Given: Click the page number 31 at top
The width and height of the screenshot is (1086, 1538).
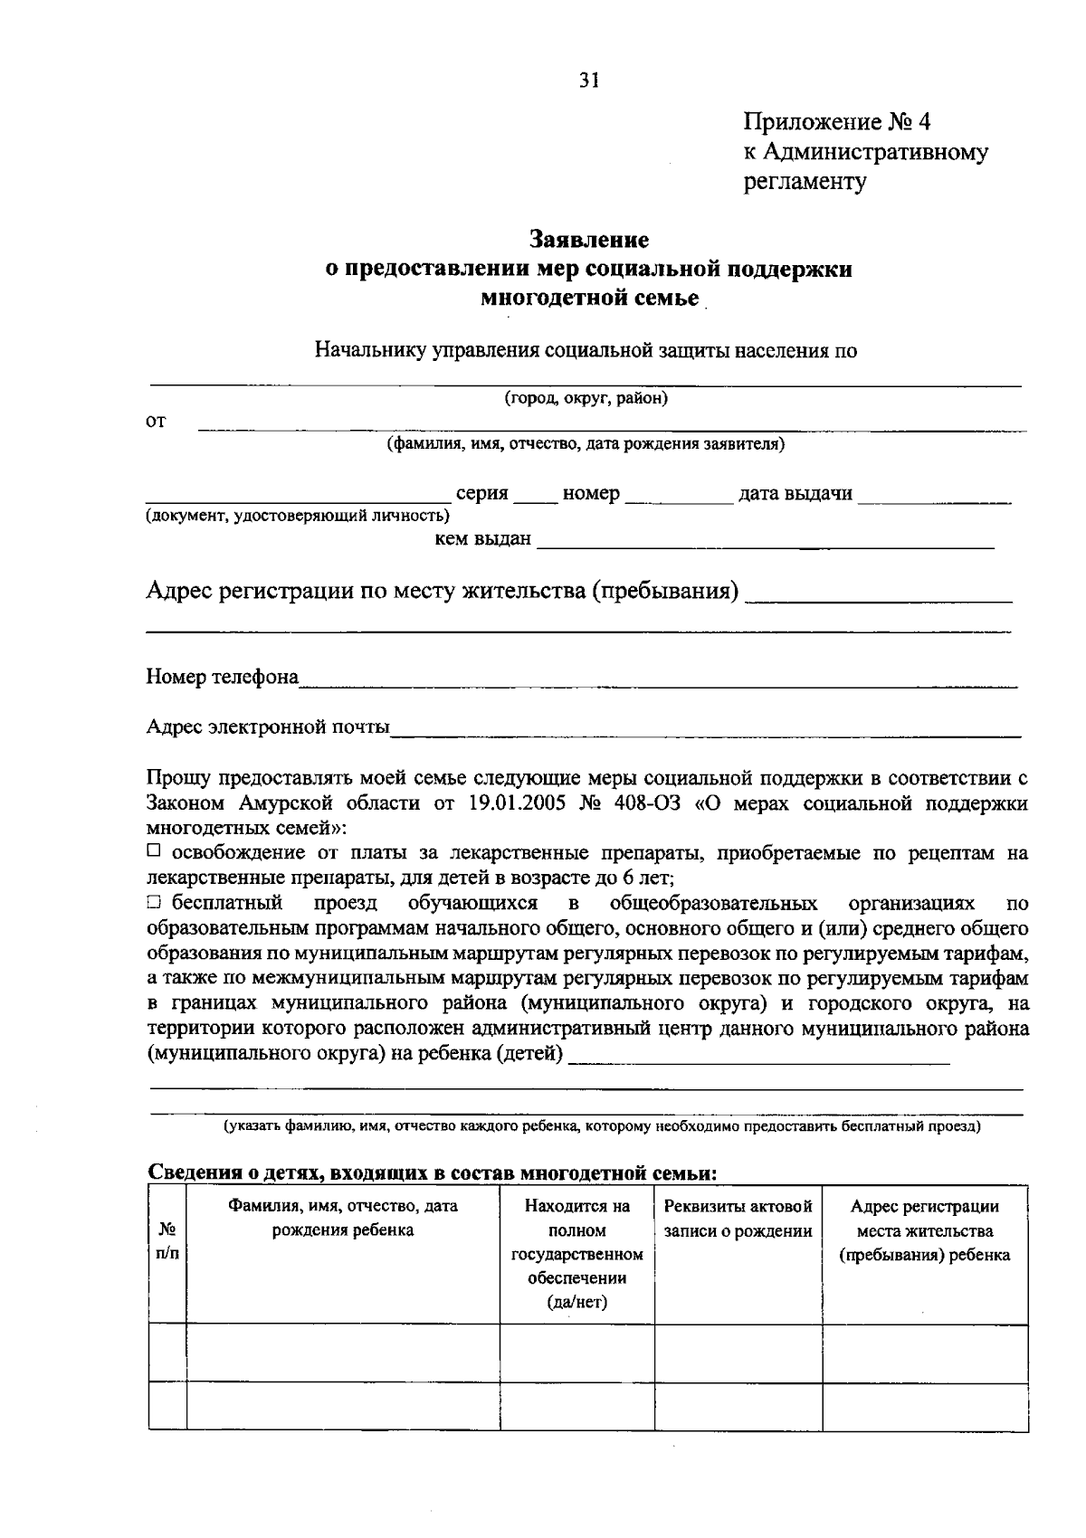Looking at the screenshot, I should (x=589, y=81).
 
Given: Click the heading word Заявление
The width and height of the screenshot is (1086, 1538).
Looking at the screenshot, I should (x=588, y=240).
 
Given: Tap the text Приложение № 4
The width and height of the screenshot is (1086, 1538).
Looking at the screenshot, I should (x=836, y=121).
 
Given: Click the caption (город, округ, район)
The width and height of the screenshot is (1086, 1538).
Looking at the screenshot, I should (x=586, y=398).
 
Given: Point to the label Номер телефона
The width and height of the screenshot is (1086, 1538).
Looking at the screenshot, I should (x=223, y=677).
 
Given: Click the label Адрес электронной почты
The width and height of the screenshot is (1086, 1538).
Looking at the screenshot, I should (x=268, y=726).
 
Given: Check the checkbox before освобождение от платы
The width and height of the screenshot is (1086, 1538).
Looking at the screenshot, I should (x=153, y=851).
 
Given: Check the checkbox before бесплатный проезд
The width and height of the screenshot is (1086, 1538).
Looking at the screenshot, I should (x=153, y=902).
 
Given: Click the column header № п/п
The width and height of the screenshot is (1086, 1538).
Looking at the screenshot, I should (x=167, y=1241).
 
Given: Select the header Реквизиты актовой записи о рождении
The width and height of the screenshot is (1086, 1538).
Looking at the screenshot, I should (x=738, y=1218).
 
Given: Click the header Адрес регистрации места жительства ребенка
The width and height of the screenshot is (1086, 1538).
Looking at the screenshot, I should (x=924, y=1230).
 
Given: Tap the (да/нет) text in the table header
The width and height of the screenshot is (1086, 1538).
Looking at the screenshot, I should (x=576, y=1302).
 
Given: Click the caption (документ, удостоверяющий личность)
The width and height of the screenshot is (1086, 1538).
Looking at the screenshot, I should (x=298, y=517).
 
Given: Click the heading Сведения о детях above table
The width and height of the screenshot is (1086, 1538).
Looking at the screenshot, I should (x=432, y=1173).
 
